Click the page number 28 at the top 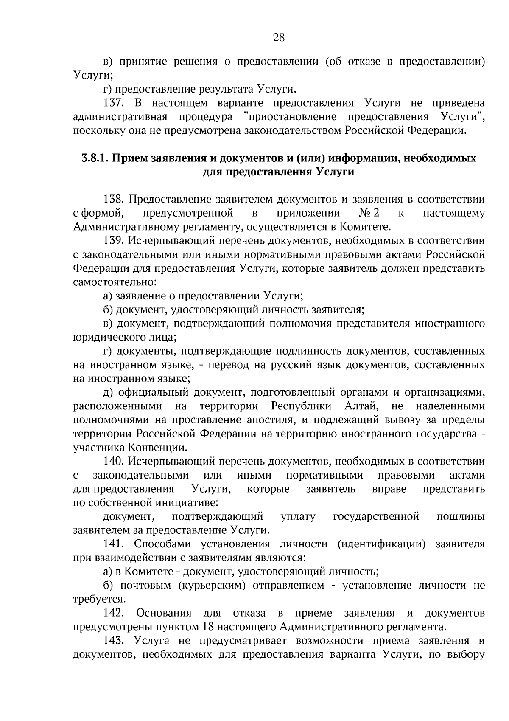pos(279,38)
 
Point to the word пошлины pos(460,517)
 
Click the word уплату pos(298,517)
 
